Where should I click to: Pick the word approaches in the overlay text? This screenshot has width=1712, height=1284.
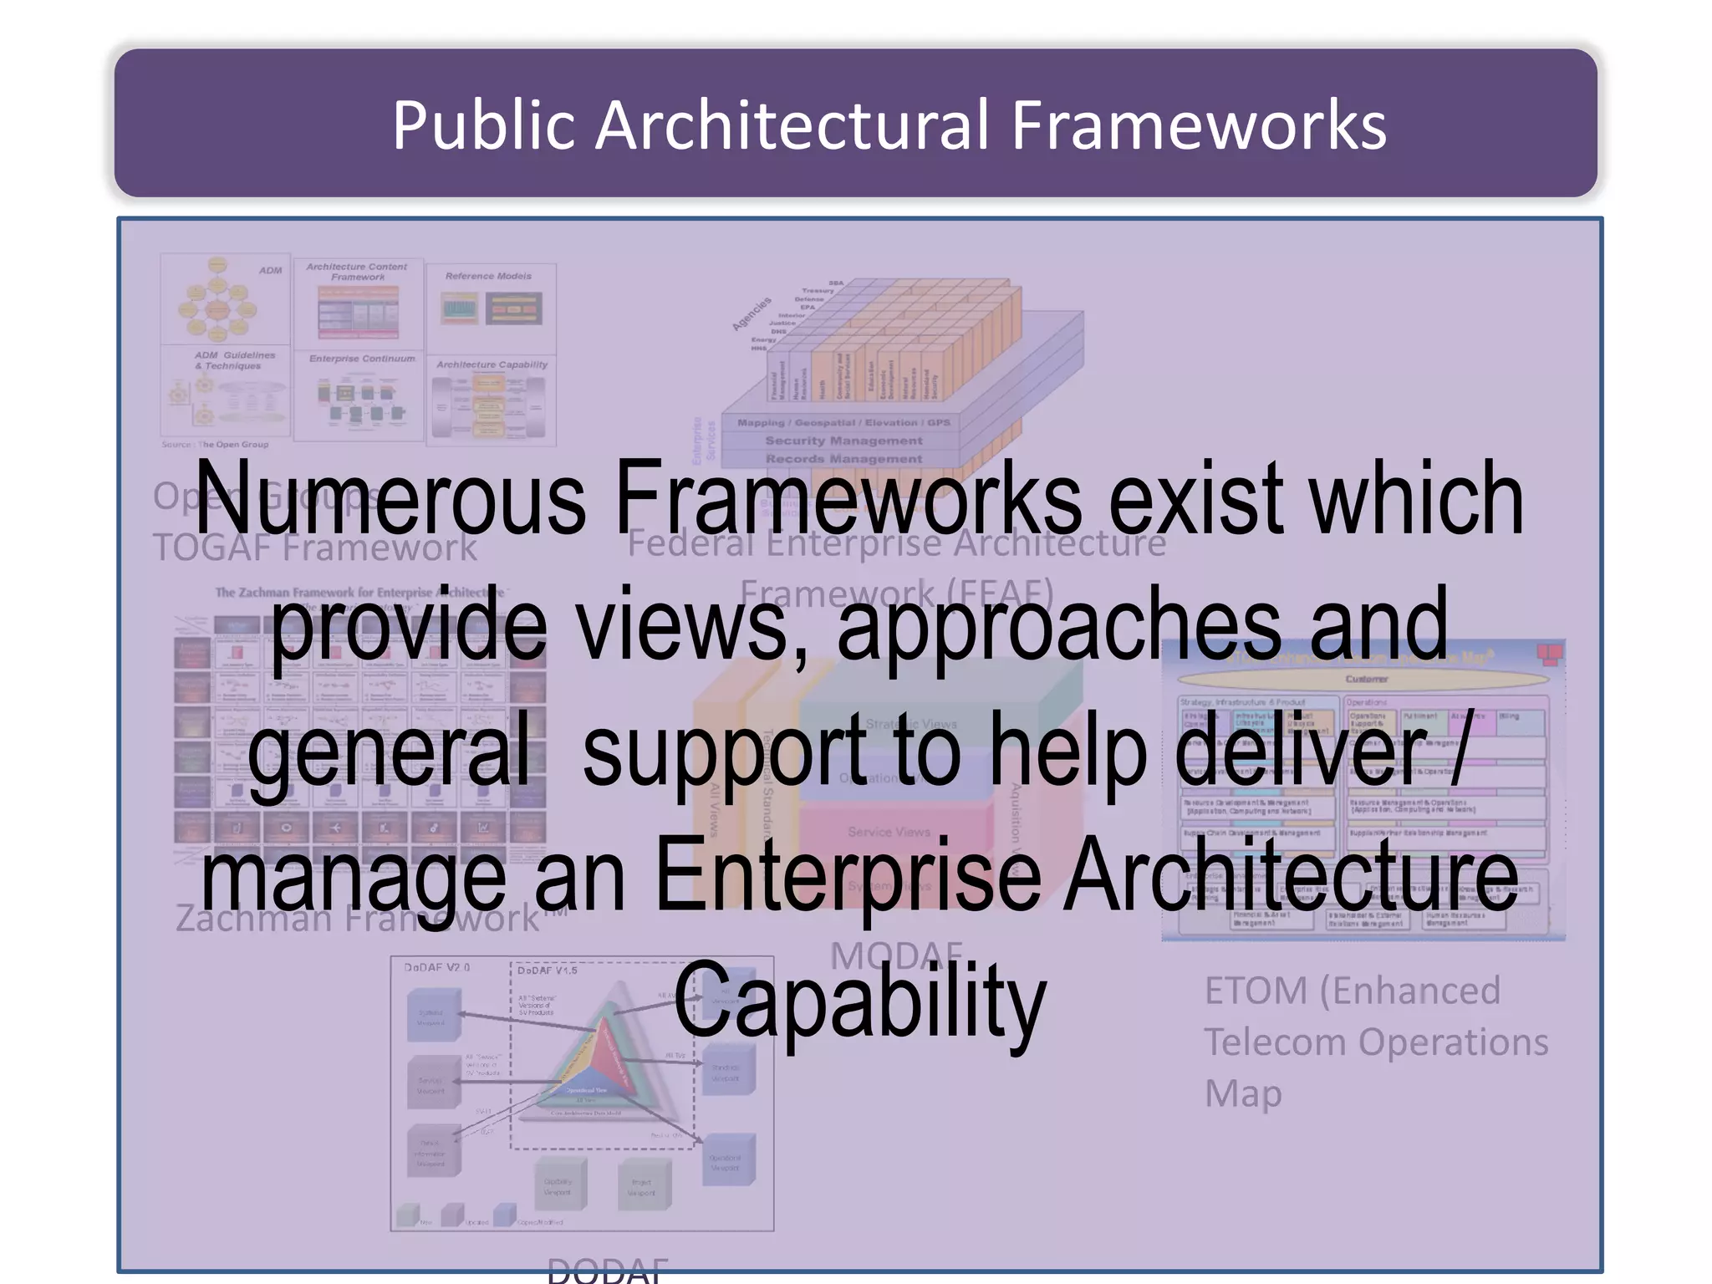pyautogui.click(x=1059, y=625)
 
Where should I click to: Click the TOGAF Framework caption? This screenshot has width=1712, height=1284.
pyautogui.click(x=314, y=548)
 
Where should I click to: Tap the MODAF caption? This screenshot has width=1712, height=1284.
pyautogui.click(x=896, y=955)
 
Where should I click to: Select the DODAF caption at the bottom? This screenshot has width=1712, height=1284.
pyautogui.click(x=608, y=1271)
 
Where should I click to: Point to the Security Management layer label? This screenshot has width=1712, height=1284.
pyautogui.click(x=843, y=441)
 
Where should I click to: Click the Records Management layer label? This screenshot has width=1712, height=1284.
pyautogui.click(x=843, y=459)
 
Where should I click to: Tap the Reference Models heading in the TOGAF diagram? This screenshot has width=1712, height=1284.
pyautogui.click(x=488, y=276)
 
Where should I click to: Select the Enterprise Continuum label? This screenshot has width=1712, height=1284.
pyautogui.click(x=362, y=359)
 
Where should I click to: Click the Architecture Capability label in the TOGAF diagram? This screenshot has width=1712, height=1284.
pyautogui.click(x=492, y=364)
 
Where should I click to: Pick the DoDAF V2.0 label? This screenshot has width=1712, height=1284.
pyautogui.click(x=436, y=967)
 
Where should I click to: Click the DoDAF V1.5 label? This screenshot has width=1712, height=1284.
pyautogui.click(x=547, y=971)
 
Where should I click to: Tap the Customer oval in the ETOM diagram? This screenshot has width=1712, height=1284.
pyautogui.click(x=1366, y=679)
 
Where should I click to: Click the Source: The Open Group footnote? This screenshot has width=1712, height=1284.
pyautogui.click(x=215, y=445)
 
